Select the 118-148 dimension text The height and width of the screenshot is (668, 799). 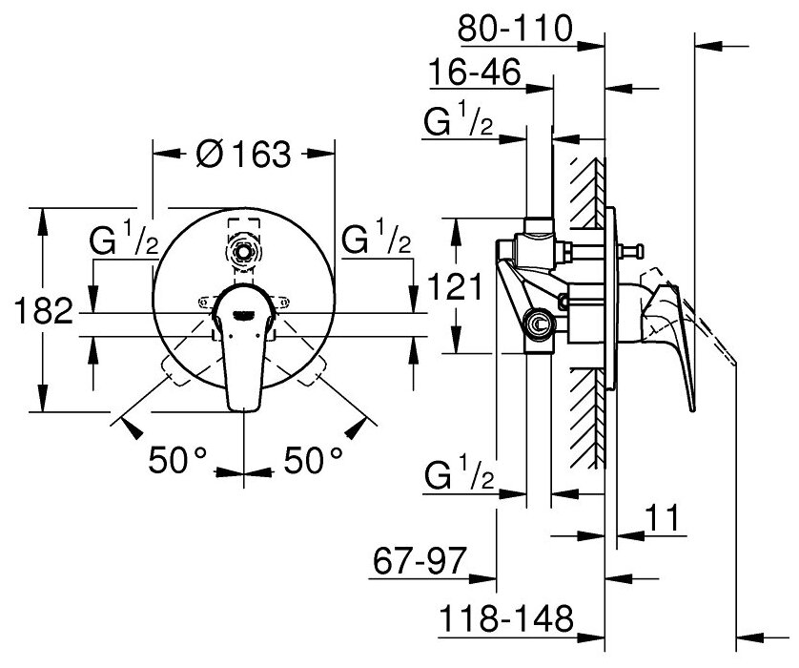pyautogui.click(x=505, y=620)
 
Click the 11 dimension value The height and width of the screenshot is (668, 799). pyautogui.click(x=661, y=520)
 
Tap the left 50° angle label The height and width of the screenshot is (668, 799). pyautogui.click(x=177, y=462)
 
